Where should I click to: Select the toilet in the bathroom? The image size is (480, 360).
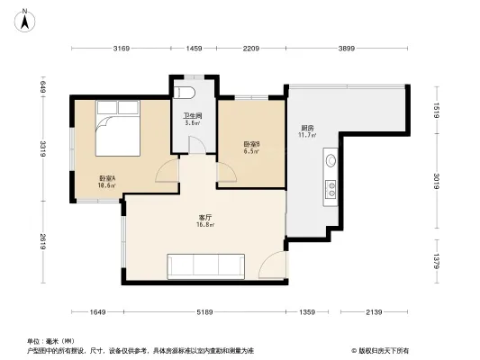190,94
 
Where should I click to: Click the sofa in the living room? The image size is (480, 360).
204,265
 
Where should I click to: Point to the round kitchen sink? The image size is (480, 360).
331,163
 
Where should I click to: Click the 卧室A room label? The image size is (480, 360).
107,181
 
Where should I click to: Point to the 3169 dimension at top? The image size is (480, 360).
122,49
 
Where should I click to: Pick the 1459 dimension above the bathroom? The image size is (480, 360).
193,49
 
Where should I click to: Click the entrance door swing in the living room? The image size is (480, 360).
271,265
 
